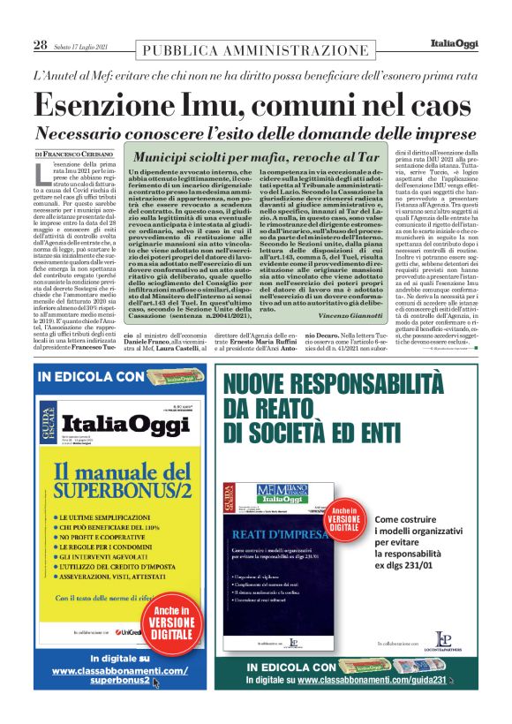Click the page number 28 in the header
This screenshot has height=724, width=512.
tap(40, 45)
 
